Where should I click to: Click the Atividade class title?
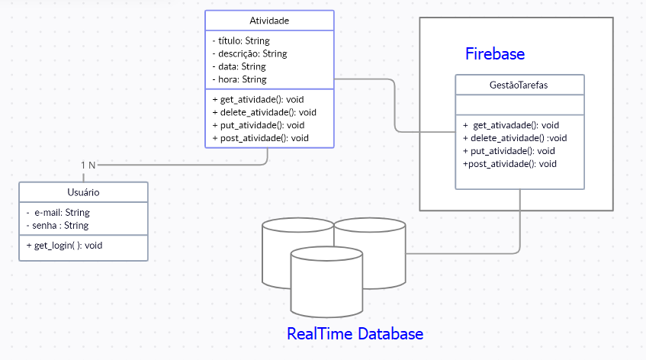(x=269, y=21)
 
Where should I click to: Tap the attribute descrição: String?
(x=249, y=54)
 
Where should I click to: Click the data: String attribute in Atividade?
(x=239, y=67)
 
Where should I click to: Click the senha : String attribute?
(x=57, y=226)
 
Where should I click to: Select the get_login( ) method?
(x=64, y=246)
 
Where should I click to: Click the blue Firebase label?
(x=495, y=54)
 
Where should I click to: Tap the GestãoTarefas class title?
(x=519, y=85)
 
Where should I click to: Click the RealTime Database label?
(x=355, y=334)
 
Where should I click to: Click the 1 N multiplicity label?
(x=88, y=165)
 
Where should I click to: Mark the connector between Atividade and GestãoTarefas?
(x=395, y=107)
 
